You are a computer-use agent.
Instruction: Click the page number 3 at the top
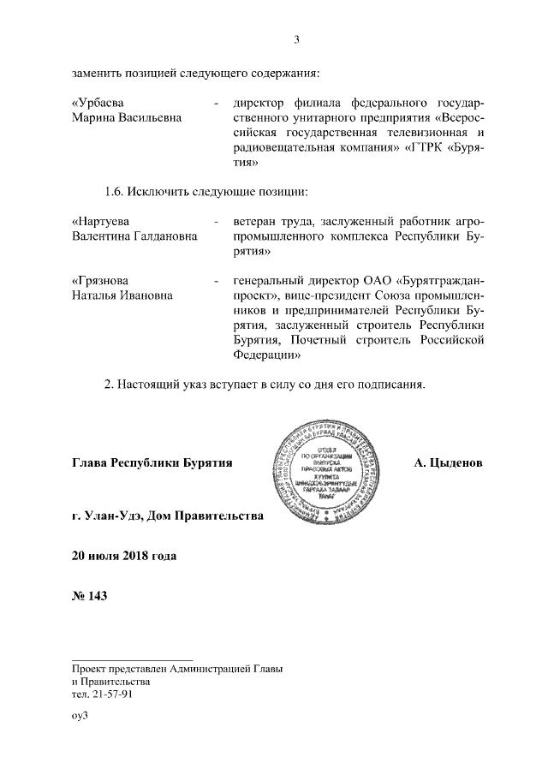296,39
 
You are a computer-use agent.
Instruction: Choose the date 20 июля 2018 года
123,556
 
